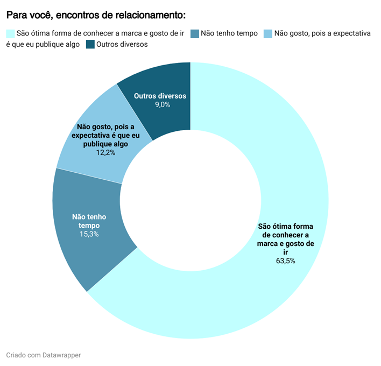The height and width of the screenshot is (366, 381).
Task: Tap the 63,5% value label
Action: tap(285, 261)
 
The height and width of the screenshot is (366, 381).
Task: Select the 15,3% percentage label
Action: tap(89, 234)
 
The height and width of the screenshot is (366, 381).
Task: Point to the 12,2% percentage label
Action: tap(105, 153)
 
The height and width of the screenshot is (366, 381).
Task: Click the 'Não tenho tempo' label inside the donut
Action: tap(89, 221)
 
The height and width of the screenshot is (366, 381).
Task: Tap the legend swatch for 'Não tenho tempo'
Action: tap(195, 33)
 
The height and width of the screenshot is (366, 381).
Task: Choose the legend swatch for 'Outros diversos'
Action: tap(90, 44)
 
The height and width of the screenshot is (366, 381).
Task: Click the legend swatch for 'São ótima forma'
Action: tap(10, 33)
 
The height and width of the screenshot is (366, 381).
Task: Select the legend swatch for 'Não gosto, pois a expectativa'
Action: tap(268, 33)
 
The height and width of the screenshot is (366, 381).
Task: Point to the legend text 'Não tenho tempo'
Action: tap(229, 33)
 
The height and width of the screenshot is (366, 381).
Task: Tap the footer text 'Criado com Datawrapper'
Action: tap(44, 355)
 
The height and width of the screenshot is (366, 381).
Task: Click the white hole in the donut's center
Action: tap(190, 200)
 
